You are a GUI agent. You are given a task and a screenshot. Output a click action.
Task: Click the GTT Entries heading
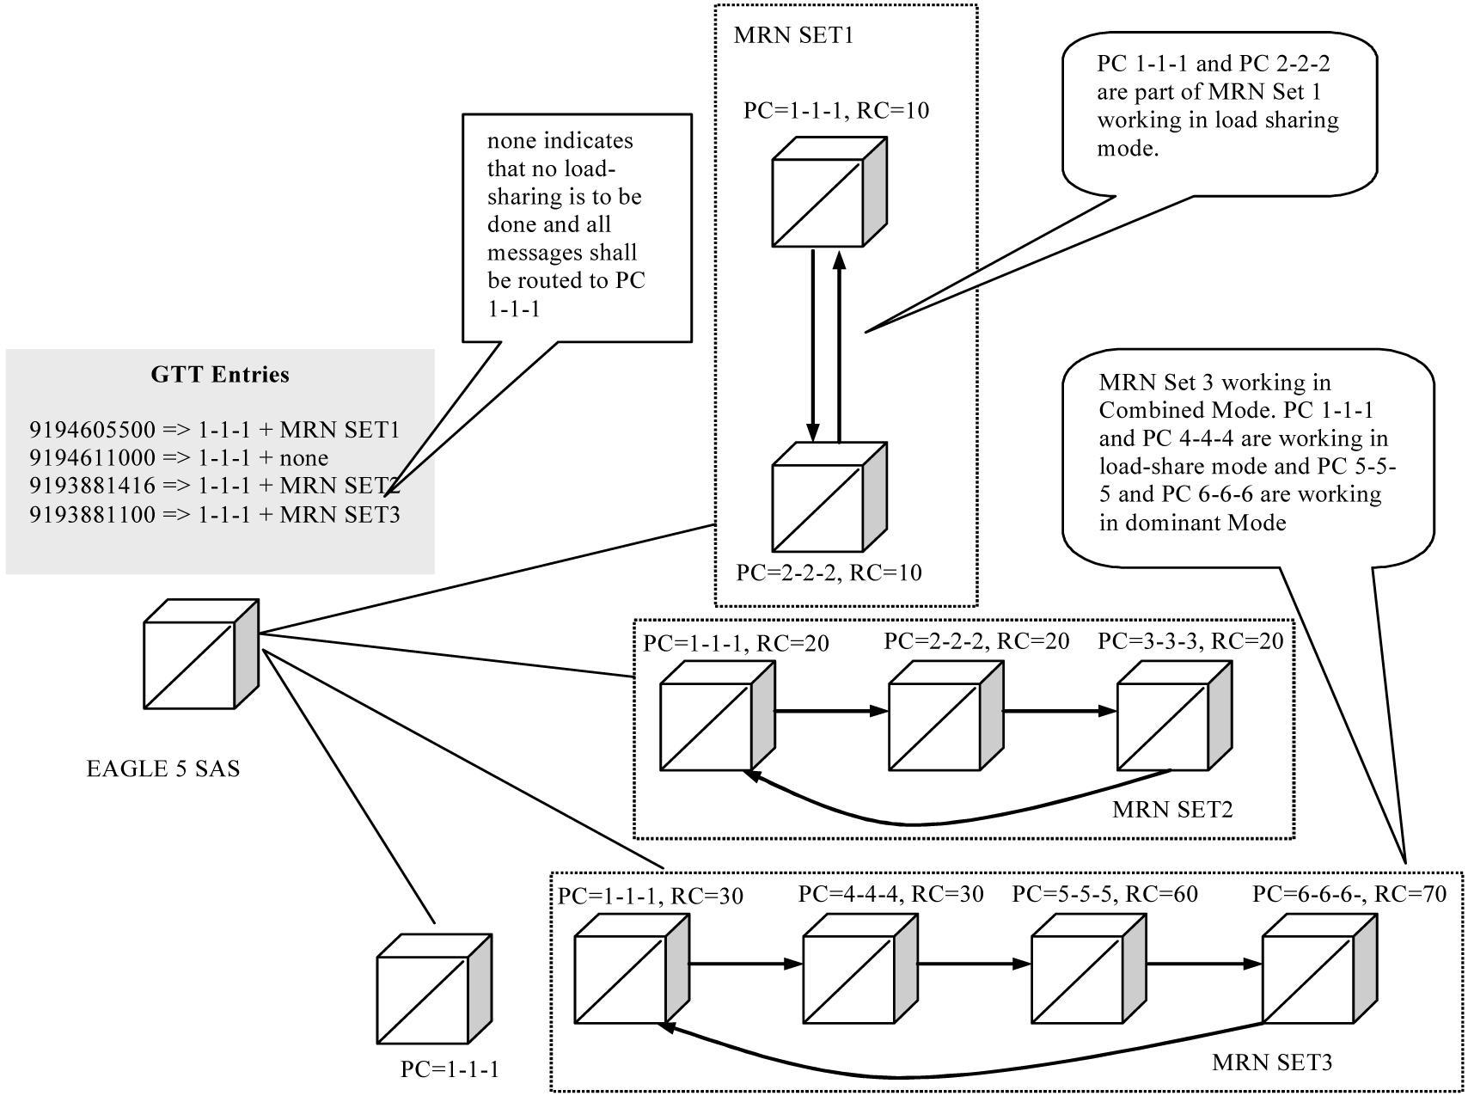(x=220, y=375)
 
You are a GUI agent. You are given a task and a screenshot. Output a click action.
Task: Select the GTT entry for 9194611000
(x=179, y=458)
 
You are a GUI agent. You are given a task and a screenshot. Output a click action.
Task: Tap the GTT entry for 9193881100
(x=215, y=515)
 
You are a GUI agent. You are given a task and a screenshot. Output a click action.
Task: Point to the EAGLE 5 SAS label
(x=163, y=768)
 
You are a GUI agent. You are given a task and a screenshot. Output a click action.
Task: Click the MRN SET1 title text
(x=793, y=36)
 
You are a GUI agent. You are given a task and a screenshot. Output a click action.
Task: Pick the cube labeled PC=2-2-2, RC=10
(x=828, y=498)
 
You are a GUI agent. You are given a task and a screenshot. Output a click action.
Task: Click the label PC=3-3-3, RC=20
(x=1190, y=641)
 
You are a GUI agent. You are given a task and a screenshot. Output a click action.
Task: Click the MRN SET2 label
(x=1172, y=810)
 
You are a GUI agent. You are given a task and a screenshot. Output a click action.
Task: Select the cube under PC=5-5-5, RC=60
(x=1087, y=968)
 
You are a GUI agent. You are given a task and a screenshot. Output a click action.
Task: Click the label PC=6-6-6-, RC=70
(x=1349, y=894)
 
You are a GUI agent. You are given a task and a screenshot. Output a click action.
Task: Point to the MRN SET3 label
(x=1272, y=1062)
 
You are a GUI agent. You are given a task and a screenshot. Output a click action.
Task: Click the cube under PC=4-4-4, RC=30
(x=859, y=968)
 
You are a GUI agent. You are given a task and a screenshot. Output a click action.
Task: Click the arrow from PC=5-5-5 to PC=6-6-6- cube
(x=1203, y=964)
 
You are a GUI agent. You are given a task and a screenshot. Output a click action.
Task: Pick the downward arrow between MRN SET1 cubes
(x=812, y=344)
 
